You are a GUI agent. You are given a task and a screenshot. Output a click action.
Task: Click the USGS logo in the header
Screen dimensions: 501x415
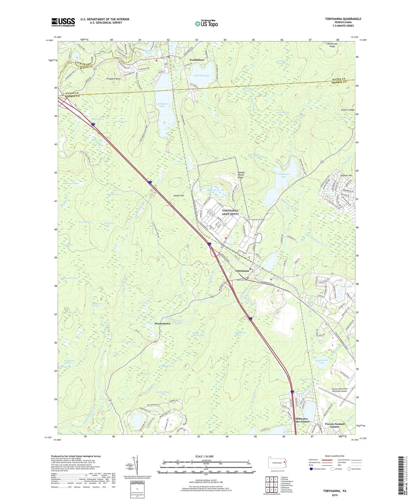click(x=63, y=22)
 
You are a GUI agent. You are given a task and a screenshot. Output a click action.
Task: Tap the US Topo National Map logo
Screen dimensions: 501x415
click(x=206, y=23)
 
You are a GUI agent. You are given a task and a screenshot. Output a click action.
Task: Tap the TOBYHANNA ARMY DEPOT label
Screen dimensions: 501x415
click(x=230, y=212)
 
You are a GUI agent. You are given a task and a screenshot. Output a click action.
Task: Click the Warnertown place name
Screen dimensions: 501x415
click(x=162, y=324)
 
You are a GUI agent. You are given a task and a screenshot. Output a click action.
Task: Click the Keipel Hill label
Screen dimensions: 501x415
click(x=179, y=195)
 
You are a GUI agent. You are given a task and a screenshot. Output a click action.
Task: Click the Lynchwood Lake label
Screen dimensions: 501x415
click(x=321, y=361)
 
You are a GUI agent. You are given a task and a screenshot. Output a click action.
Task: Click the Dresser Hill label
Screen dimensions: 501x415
click(x=346, y=175)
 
